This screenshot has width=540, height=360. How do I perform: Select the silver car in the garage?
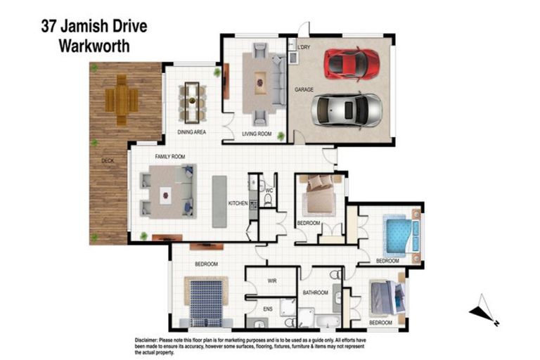point(347,109)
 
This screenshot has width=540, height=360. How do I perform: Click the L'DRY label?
point(304,47)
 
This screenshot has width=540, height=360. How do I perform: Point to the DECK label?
point(108,161)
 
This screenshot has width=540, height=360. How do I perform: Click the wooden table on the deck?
point(122,101)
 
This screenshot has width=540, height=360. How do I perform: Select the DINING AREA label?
point(192,131)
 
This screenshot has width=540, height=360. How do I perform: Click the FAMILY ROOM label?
point(169,156)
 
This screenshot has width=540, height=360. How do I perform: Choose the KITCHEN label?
point(238,204)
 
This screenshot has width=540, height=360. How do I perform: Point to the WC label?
point(269,190)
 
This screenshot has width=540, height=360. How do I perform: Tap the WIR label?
point(273,280)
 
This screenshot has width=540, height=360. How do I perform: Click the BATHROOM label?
point(316,292)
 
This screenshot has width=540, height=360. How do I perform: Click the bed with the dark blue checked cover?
point(206,299)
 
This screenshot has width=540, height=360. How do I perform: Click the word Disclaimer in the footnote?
point(150,340)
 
